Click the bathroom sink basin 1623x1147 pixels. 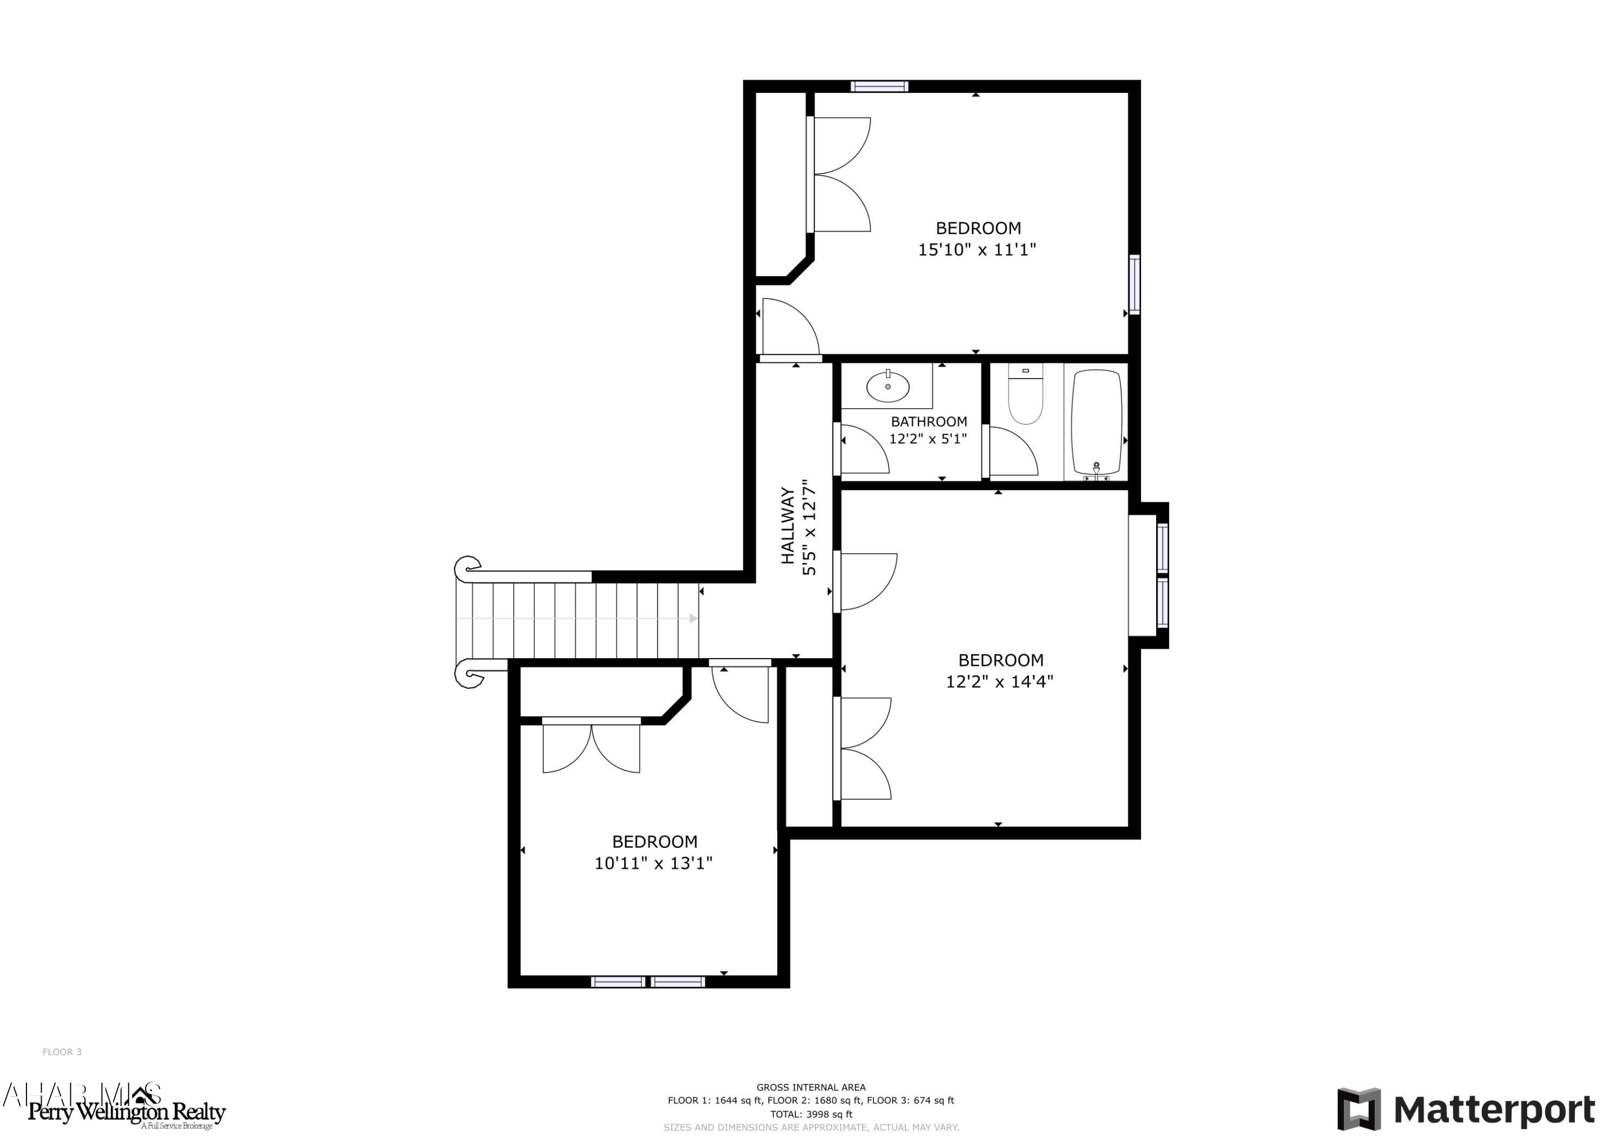pyautogui.click(x=887, y=387)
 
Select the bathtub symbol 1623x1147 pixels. pyautogui.click(x=1097, y=422)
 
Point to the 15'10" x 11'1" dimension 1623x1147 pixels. pyautogui.click(x=977, y=249)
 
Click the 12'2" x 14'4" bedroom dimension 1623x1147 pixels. pyautogui.click(x=1000, y=681)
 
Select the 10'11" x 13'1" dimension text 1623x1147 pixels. pyautogui.click(x=653, y=863)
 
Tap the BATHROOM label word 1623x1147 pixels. pyautogui.click(x=929, y=422)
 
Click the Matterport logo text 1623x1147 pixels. pyautogui.click(x=1494, y=1110)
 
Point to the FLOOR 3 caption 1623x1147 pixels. pyautogui.click(x=62, y=1052)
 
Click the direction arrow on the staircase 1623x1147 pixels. pyautogui.click(x=692, y=618)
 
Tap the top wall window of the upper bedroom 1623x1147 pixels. pyautogui.click(x=879, y=86)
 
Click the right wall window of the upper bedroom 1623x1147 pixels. pyautogui.click(x=1134, y=284)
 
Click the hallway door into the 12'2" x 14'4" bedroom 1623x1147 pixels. pyautogui.click(x=866, y=581)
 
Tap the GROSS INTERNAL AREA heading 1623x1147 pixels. pyautogui.click(x=811, y=1088)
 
